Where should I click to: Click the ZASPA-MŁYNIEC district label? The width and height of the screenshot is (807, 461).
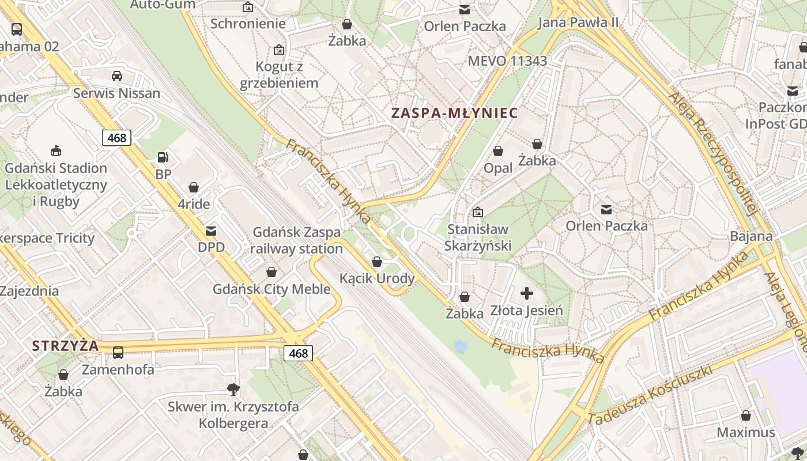[454, 113]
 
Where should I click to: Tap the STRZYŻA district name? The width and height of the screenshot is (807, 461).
[65, 346]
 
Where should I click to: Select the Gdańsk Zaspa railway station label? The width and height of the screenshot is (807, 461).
[296, 240]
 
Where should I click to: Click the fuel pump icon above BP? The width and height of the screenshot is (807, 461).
[163, 157]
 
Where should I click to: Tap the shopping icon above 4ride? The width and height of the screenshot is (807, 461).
[194, 187]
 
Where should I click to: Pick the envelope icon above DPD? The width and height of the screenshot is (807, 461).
[211, 231]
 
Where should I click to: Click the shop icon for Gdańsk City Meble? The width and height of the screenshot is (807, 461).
[271, 272]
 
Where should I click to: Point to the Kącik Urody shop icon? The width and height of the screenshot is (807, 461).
[377, 262]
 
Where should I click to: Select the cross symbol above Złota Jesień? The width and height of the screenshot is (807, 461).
[526, 294]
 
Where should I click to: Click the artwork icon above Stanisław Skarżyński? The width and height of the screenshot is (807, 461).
[477, 212]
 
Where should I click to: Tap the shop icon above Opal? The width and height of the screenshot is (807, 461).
[498, 151]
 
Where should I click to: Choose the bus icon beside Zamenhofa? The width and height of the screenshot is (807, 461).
[118, 352]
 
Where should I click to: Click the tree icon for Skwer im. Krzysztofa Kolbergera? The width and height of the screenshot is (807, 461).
[233, 389]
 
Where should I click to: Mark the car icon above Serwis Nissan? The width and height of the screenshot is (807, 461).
[116, 75]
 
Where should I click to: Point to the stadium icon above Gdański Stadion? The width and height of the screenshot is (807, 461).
[56, 151]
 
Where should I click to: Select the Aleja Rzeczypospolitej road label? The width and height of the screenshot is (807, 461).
[711, 153]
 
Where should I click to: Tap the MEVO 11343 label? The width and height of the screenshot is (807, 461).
[507, 61]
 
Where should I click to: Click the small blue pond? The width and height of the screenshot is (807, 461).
[461, 346]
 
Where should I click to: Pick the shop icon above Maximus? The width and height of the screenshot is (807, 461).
[746, 415]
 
